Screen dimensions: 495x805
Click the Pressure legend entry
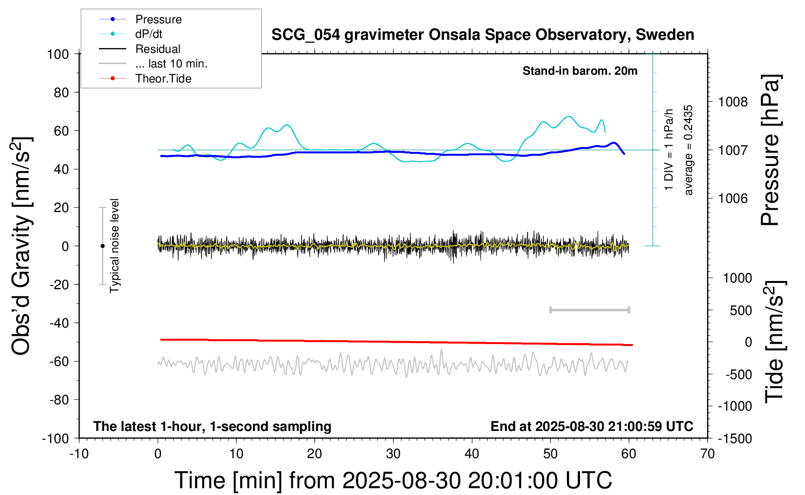pyautogui.click(x=158, y=19)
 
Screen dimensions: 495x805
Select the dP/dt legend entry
pyautogui.click(x=148, y=34)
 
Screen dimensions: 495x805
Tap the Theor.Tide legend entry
pyautogui.click(x=163, y=79)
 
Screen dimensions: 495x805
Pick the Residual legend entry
pyautogui.click(x=158, y=49)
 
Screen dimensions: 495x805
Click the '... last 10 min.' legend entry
pyautogui.click(x=171, y=64)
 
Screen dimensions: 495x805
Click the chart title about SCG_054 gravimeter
pyautogui.click(x=483, y=35)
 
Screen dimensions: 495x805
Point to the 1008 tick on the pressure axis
pyautogui.click(x=733, y=102)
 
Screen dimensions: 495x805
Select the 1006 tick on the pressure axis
pyautogui.click(x=733, y=198)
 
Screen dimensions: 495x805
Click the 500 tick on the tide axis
pyautogui.click(x=741, y=311)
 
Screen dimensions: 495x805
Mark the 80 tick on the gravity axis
pyautogui.click(x=61, y=92)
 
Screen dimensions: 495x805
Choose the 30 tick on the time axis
pyautogui.click(x=393, y=454)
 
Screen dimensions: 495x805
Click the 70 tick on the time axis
pyautogui.click(x=708, y=454)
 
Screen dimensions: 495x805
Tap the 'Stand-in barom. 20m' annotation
pyautogui.click(x=580, y=71)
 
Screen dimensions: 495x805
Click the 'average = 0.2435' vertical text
pyautogui.click(x=688, y=150)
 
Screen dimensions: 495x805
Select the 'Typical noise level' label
pyautogui.click(x=114, y=246)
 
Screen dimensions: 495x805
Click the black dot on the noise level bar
pyautogui.click(x=102, y=246)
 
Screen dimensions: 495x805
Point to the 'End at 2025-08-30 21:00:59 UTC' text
pyautogui.click(x=592, y=427)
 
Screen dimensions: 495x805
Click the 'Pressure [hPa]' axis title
pyautogui.click(x=770, y=150)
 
